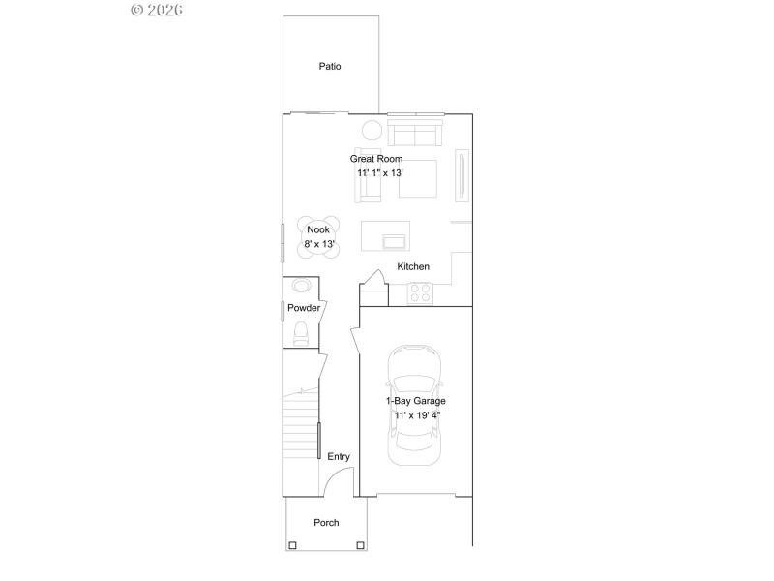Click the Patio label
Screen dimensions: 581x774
coord(330,67)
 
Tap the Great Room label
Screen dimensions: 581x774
coord(376,159)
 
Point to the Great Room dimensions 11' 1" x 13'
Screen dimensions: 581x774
coord(379,172)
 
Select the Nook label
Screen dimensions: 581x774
coord(318,229)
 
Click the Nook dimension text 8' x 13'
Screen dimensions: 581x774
coord(319,244)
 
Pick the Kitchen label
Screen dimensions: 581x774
coord(413,266)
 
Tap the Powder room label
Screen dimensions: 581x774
coord(303,308)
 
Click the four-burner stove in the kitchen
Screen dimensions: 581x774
coord(420,292)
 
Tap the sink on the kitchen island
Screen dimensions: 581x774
coord(396,240)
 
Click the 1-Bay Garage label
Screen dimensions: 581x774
coord(416,400)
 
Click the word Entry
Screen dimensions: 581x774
coord(339,457)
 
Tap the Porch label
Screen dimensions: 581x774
coord(326,523)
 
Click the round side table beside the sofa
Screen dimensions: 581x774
coord(372,131)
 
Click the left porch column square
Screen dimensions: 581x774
coord(291,546)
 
